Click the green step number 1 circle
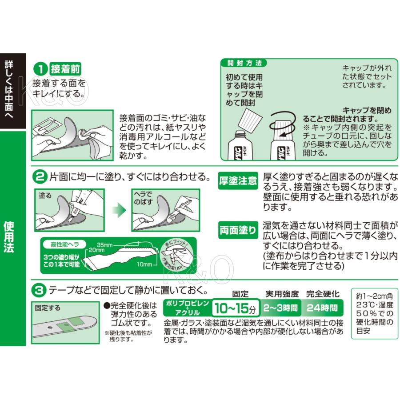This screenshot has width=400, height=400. coord(40,69)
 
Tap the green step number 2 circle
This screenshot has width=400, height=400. coord(40,177)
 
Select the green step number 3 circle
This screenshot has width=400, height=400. coord(40,291)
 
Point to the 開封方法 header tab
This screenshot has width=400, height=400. coord(244,62)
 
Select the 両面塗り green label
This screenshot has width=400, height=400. coord(238,230)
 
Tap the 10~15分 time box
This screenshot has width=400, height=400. coord(234,308)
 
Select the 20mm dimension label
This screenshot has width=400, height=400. coord(97,250)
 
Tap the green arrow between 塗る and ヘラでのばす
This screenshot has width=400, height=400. coord(118,209)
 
